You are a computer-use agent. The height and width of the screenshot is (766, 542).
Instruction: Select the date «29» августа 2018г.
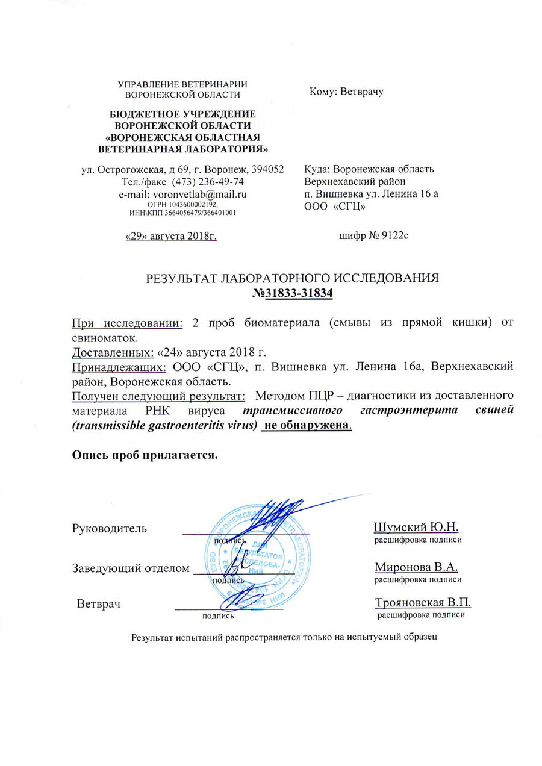(170, 235)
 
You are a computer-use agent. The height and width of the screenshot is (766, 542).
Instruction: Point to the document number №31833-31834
(293, 294)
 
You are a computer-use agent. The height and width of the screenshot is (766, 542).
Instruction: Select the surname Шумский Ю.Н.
(416, 528)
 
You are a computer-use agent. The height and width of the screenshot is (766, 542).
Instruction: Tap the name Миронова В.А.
(416, 567)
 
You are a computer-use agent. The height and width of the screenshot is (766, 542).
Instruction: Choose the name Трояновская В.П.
(423, 603)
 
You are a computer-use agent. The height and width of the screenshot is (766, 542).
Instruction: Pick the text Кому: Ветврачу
(346, 92)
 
